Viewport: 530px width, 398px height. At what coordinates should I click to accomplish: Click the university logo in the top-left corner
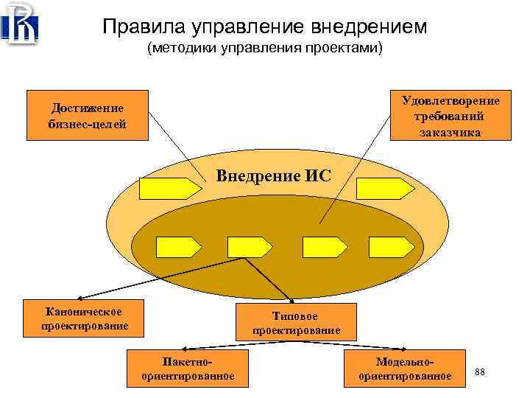(x=21, y=24)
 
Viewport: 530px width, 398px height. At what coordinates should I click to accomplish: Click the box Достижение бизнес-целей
(x=87, y=115)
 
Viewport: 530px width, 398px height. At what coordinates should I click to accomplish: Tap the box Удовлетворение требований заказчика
(x=450, y=115)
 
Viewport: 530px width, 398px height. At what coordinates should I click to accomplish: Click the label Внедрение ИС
(x=273, y=175)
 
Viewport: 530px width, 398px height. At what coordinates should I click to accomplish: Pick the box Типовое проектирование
(x=296, y=323)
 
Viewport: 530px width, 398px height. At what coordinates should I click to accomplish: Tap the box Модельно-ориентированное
(x=405, y=369)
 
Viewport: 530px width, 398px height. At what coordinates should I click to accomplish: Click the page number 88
(x=479, y=371)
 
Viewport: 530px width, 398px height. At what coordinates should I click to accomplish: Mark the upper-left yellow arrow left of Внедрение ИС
(x=170, y=189)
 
